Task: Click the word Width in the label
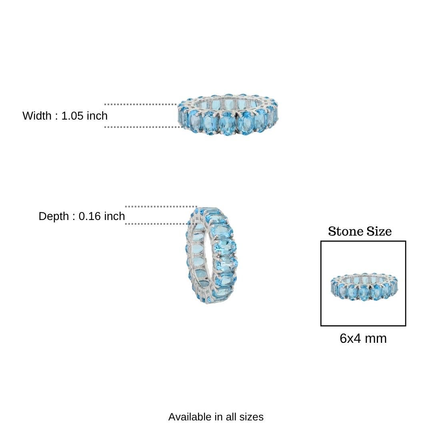pos(37,116)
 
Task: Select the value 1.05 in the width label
pos(72,116)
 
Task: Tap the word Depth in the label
pos(54,216)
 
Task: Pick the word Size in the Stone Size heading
pos(379,231)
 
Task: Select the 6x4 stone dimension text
pos(350,338)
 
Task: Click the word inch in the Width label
pos(97,116)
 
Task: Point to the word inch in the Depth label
pos(114,216)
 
